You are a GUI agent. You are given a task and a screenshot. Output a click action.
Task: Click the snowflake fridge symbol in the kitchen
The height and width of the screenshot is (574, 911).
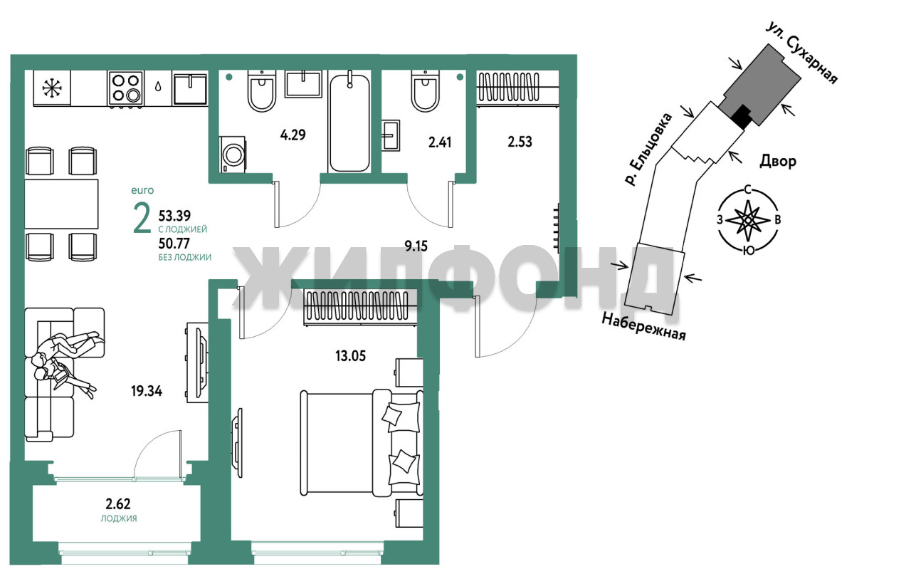pos(52,88)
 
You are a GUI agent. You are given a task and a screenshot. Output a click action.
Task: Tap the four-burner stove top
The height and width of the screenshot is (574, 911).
pos(126,89)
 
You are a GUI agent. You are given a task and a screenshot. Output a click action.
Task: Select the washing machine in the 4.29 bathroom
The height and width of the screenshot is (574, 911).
pos(232,155)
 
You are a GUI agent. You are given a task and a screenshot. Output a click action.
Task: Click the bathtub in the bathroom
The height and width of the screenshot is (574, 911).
pos(349,121)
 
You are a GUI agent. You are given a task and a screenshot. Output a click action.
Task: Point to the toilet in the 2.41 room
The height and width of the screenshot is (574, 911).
pos(425,90)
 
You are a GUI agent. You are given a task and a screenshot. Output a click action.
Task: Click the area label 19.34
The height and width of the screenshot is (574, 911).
pos(147,391)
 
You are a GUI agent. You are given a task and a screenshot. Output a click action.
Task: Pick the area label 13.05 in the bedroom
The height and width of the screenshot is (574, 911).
pos(350,356)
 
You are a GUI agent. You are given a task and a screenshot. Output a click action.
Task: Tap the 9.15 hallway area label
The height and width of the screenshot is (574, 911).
pos(416,246)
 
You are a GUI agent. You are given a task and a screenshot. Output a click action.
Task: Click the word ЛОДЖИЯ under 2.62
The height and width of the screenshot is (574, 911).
pos(119,518)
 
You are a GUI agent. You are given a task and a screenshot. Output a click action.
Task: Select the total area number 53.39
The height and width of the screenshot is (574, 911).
pos(174,215)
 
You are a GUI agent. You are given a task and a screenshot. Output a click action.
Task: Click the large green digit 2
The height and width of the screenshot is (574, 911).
pos(142,219)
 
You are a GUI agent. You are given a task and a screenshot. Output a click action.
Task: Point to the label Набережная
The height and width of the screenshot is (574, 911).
pos(643,326)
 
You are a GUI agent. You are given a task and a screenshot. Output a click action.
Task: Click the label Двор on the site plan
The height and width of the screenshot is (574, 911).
pos(778,162)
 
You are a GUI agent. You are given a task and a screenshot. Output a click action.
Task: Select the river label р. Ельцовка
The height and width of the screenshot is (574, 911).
pos(648,150)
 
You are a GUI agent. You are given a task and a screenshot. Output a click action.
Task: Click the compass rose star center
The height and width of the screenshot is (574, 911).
pos(747,220)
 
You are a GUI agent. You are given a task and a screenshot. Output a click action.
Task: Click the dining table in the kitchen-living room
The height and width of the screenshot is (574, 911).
pos(61,204)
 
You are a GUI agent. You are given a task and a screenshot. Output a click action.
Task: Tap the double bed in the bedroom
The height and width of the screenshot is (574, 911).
pos(362,443)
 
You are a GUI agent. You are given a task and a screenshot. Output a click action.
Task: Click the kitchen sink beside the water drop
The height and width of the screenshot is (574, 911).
pos(190,89)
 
